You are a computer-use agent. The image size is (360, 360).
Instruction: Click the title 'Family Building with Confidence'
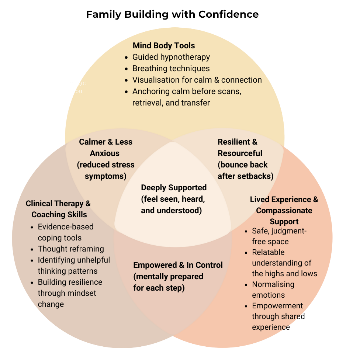point(172,15)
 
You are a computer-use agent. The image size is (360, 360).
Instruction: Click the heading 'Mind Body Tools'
point(164,46)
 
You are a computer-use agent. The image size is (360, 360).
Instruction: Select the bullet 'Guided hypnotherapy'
point(171,57)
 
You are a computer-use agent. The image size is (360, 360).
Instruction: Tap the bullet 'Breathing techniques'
point(171,69)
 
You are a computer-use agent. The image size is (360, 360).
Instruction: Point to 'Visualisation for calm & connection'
point(197,80)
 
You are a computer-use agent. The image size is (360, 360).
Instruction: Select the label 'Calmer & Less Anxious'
point(105,147)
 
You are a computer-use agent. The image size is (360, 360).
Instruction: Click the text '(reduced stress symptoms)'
point(105,170)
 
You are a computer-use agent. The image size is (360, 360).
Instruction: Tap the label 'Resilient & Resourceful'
point(240,147)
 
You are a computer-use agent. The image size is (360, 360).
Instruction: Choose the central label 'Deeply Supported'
point(174,188)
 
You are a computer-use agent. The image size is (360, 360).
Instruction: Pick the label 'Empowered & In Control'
point(178,265)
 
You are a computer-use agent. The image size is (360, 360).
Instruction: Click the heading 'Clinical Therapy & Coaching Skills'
point(59,209)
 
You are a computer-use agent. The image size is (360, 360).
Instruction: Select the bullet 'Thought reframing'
point(71,249)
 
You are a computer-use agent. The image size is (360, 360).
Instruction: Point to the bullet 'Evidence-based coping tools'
point(65,232)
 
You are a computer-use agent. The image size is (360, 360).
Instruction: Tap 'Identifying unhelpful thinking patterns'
point(73,266)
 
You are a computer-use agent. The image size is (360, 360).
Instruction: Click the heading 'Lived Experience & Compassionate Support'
point(284,210)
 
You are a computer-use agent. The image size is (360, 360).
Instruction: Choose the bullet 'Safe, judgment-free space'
point(279,236)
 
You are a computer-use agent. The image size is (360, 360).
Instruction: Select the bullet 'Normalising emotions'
point(273,290)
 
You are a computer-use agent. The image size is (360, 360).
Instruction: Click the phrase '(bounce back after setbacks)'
point(245,170)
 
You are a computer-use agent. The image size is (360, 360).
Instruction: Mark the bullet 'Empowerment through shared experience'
point(278,316)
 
